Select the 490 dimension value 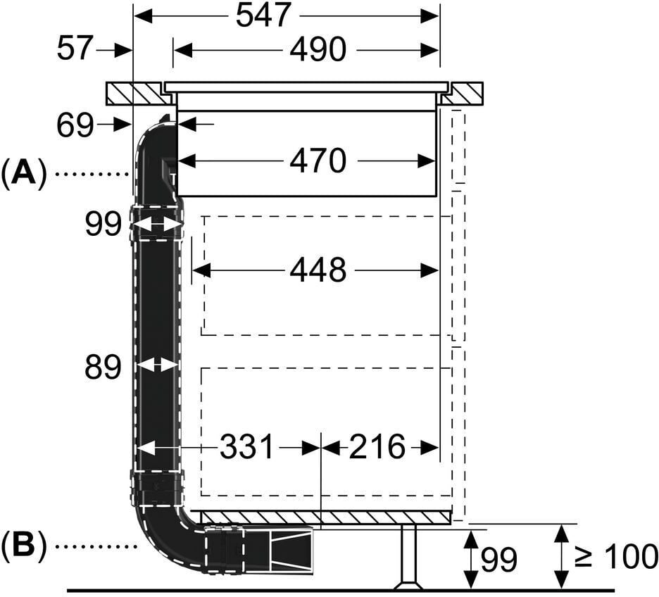tap(318, 49)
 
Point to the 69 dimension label tap(75, 125)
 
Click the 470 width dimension tap(318, 161)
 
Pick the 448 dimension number tap(318, 270)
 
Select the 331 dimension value tap(246, 446)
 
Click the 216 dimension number tap(377, 446)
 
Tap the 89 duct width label tap(103, 367)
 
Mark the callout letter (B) tap(23, 545)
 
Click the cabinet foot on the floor tap(408, 557)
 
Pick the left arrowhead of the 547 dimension tap(143, 16)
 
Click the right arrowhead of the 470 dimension tap(427, 161)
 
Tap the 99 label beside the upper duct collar tap(103, 224)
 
